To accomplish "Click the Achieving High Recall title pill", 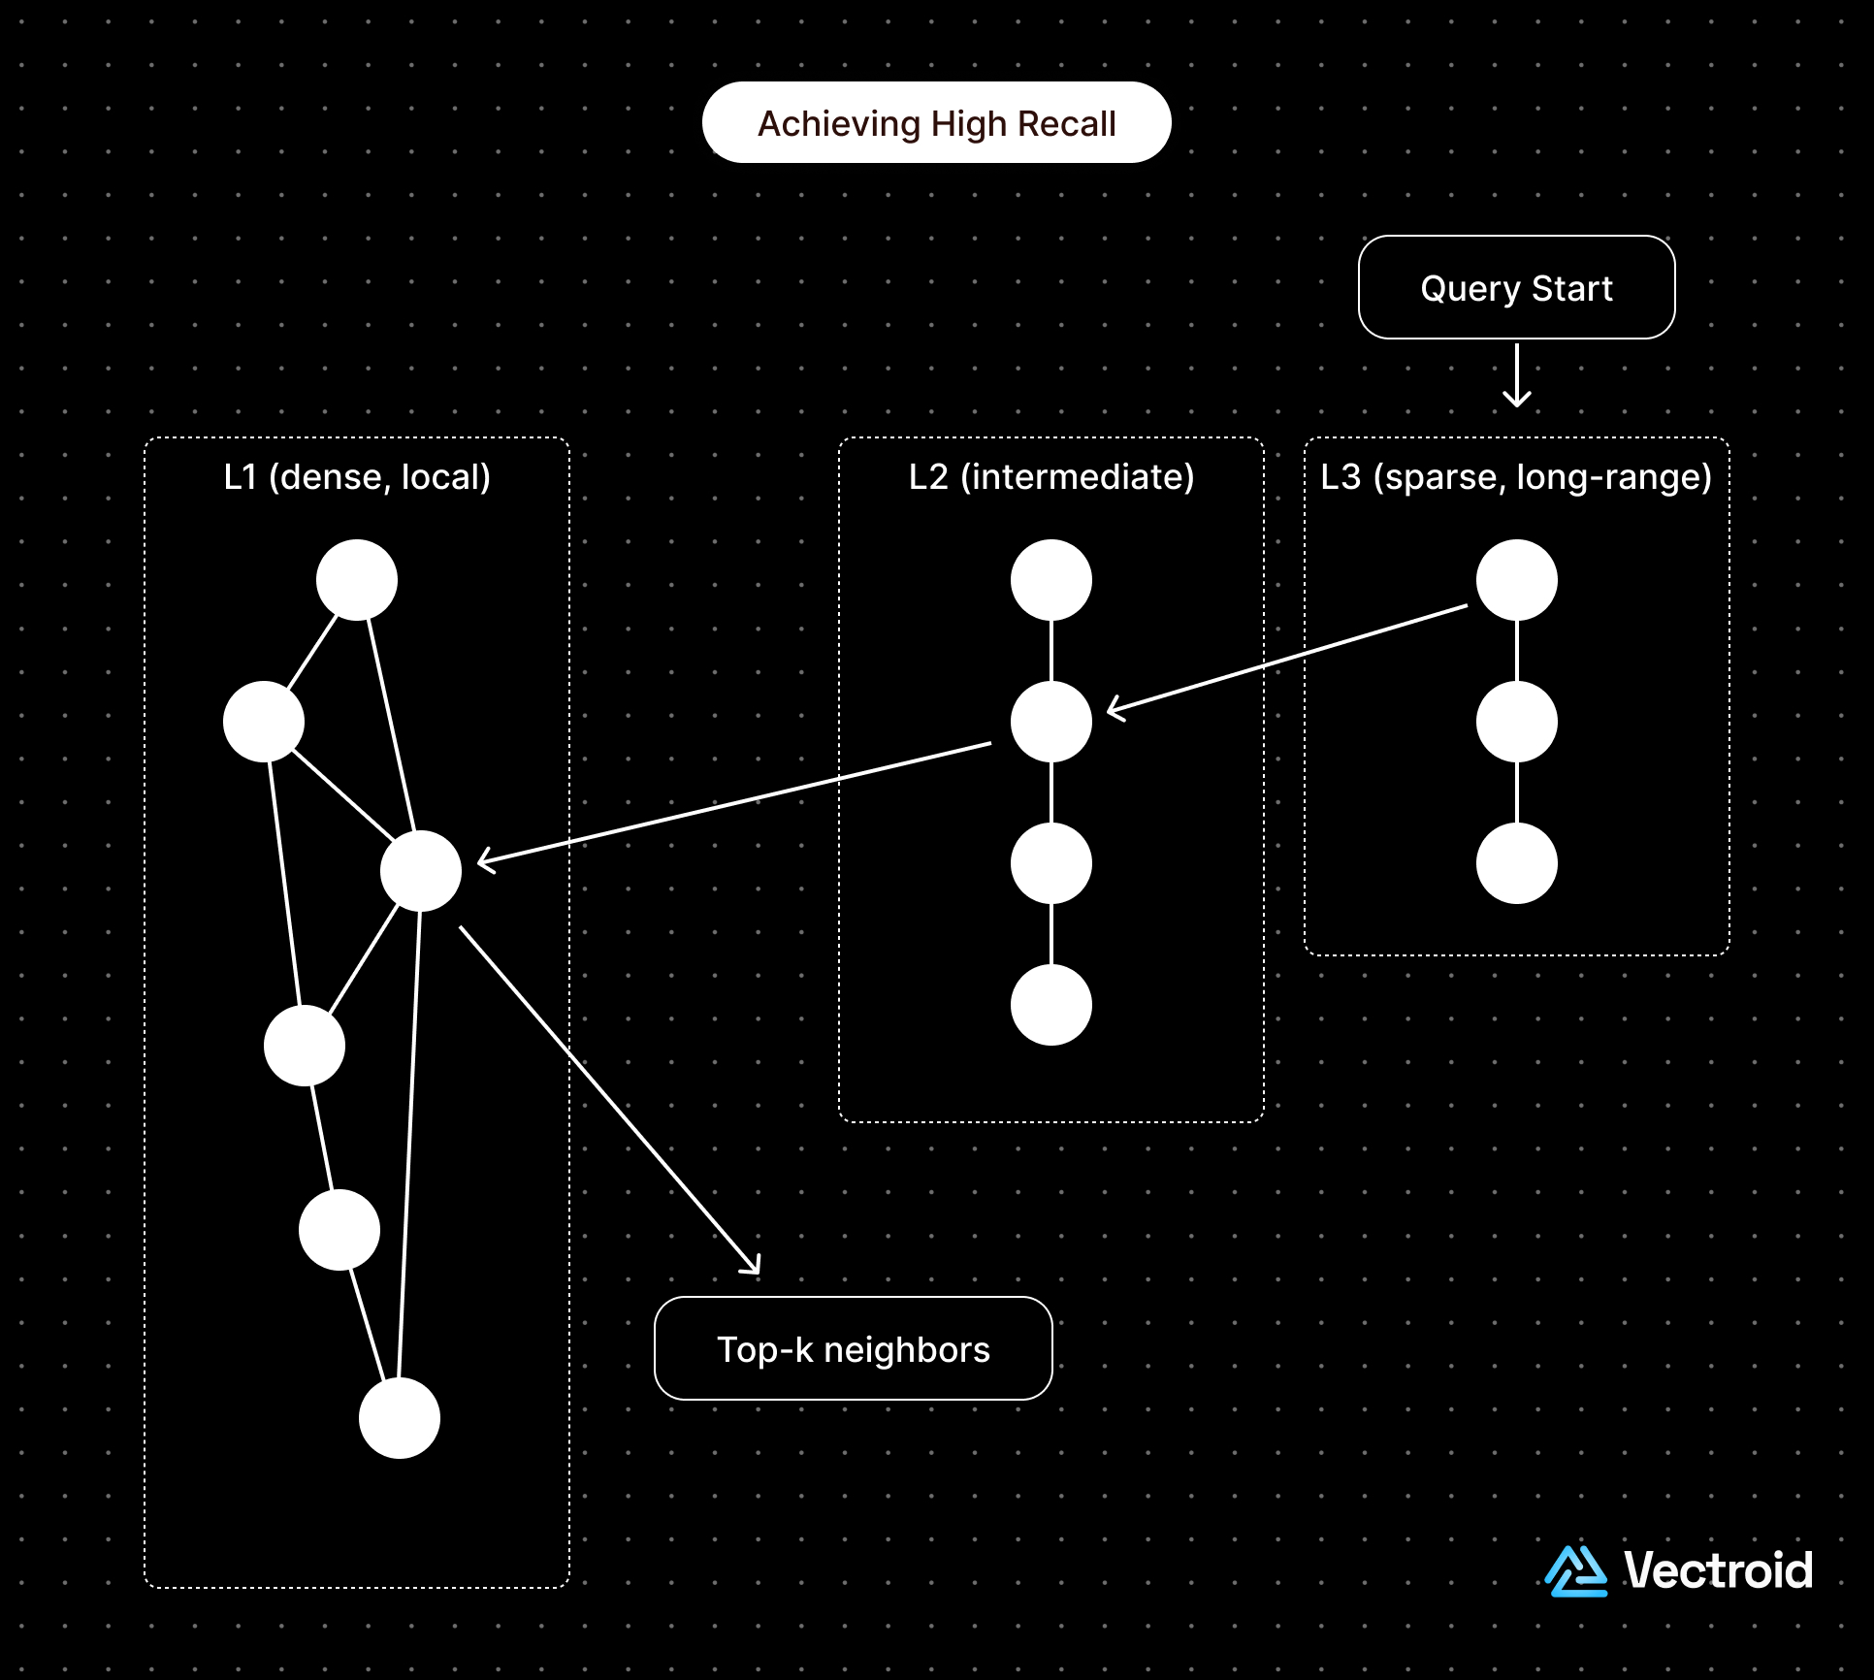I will [x=936, y=123].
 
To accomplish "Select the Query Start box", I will [x=1516, y=288].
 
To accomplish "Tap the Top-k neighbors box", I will [x=853, y=1349].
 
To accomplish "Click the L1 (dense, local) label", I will [x=357, y=477].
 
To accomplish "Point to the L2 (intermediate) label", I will [x=1051, y=477].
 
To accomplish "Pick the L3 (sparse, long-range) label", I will [x=1516, y=477].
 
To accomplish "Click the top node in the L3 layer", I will [x=1516, y=580].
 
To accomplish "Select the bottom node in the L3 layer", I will [x=1516, y=863].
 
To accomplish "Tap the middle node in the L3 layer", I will [x=1516, y=722].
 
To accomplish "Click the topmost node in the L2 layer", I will [x=1051, y=580].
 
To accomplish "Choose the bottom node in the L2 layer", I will [x=1051, y=1005].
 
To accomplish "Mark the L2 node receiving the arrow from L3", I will [x=1051, y=722].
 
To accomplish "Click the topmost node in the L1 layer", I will [x=357, y=580].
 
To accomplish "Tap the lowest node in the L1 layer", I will [x=400, y=1418].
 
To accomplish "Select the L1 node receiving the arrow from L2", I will [x=421, y=871].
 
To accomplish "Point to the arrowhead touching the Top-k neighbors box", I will [x=752, y=1265].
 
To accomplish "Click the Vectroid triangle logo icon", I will [x=1575, y=1571].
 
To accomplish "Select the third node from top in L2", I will [x=1051, y=863].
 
